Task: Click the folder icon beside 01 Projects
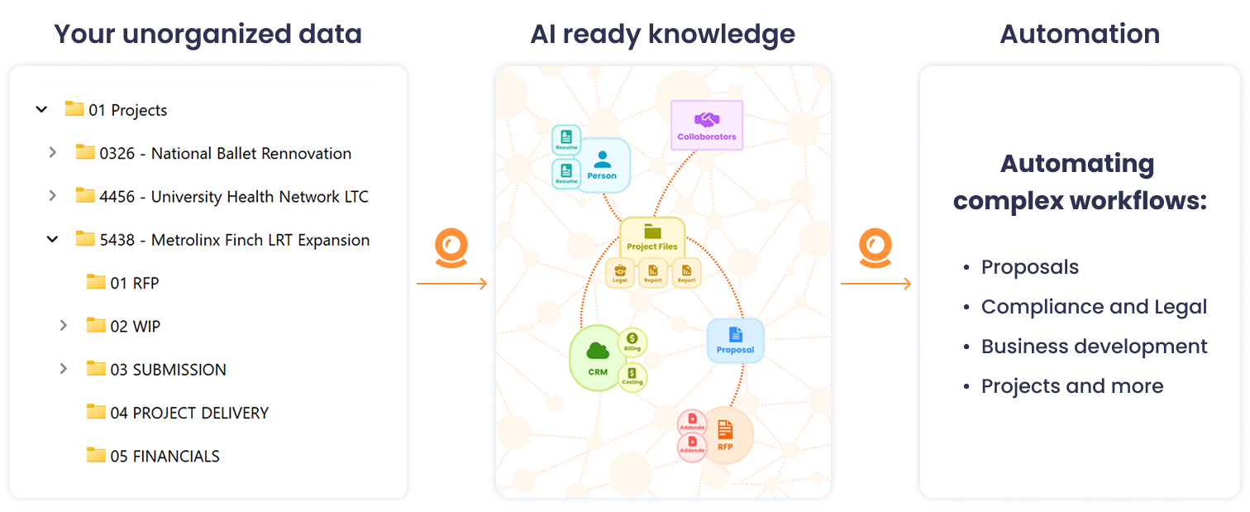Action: pos(74,109)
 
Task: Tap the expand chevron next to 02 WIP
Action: pos(64,326)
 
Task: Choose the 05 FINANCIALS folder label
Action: pos(176,456)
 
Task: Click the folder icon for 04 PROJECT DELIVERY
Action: pos(96,412)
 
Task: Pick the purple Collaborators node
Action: pos(706,125)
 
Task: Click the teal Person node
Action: pos(602,165)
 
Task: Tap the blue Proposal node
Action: pos(735,340)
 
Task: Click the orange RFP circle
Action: pos(725,435)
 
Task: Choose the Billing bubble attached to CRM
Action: pos(632,341)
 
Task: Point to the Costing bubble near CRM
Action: pos(632,377)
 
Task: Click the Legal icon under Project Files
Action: pos(619,272)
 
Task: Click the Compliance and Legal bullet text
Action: pos(1094,307)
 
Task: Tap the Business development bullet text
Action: pos(1094,347)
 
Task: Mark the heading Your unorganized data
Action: pos(208,34)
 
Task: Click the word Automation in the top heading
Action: pos(1080,34)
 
